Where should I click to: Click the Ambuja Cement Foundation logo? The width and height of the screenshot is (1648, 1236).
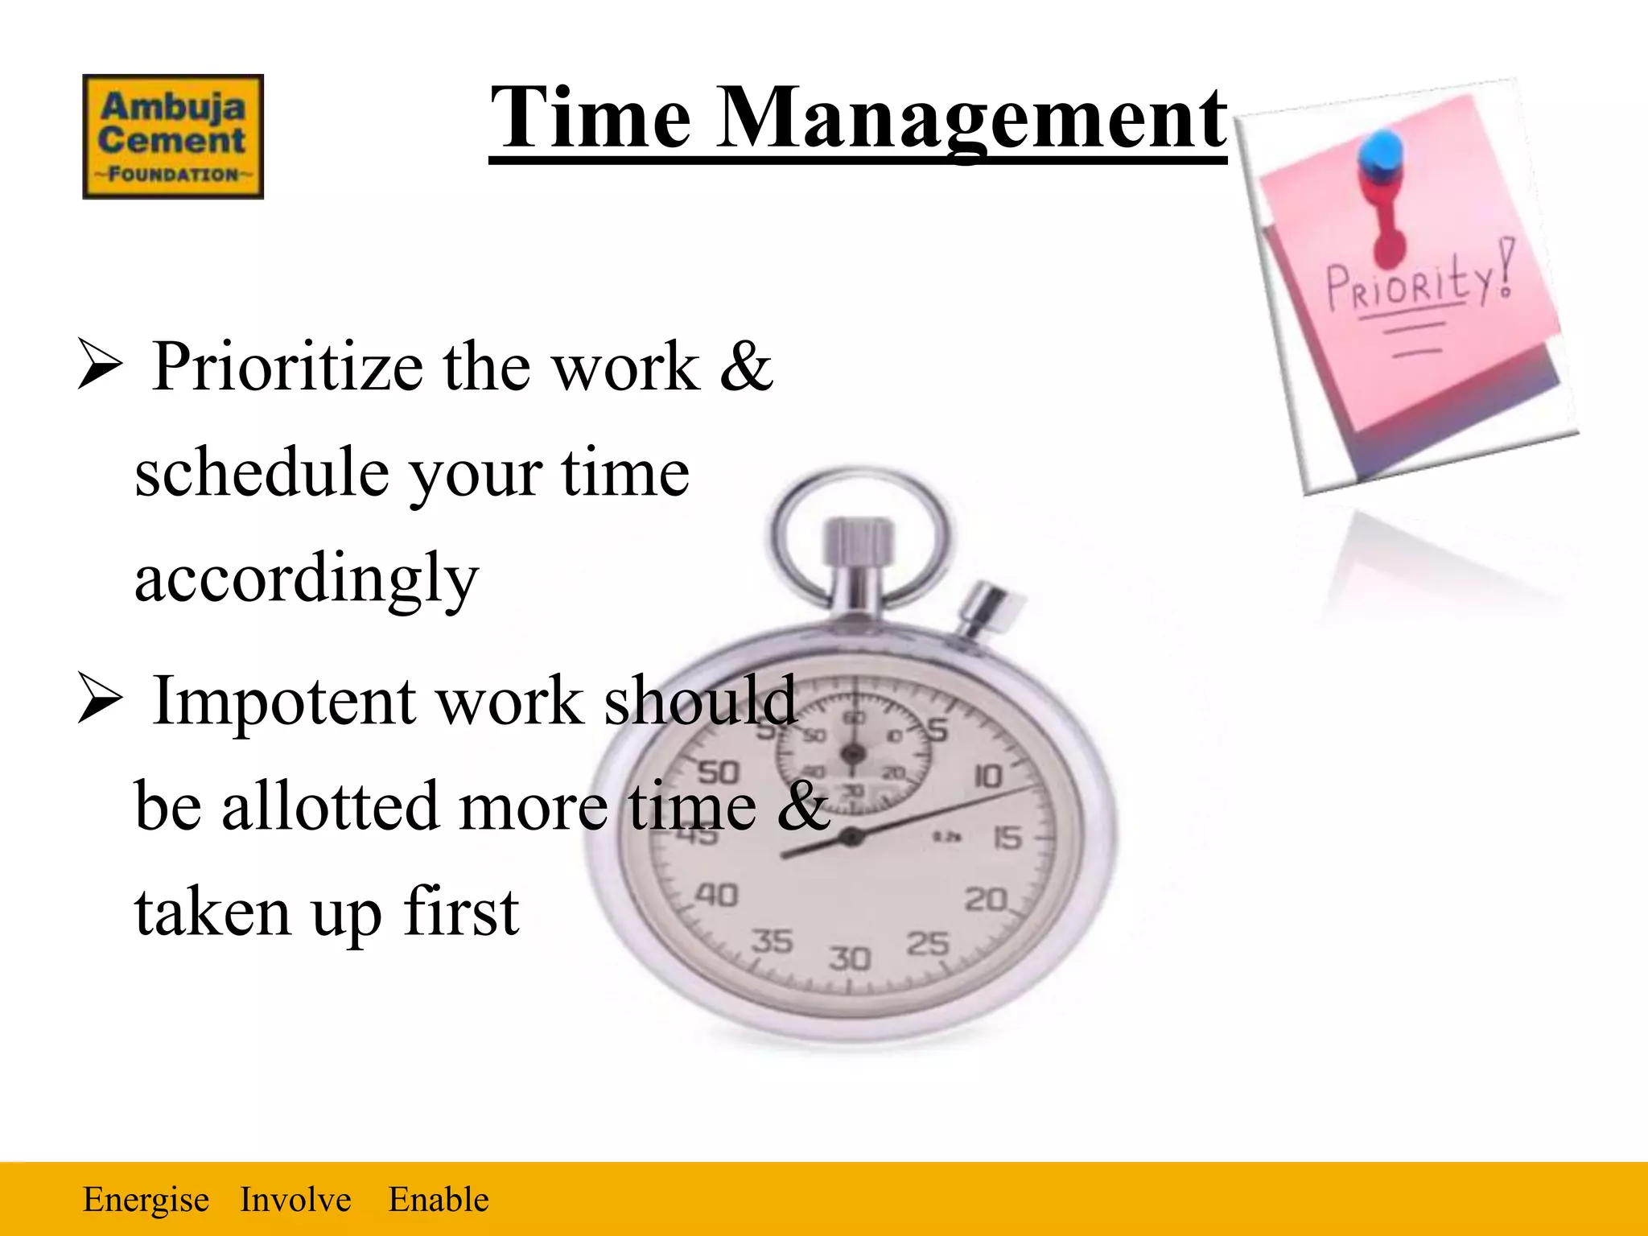click(x=173, y=137)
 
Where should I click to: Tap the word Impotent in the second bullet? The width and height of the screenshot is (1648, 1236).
click(x=285, y=701)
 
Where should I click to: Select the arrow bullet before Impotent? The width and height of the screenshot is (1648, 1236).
click(x=100, y=698)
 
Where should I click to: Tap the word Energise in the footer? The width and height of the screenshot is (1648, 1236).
click(x=146, y=1200)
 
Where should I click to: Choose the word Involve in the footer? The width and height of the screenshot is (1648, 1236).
click(x=295, y=1200)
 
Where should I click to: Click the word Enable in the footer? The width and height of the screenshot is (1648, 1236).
click(x=439, y=1200)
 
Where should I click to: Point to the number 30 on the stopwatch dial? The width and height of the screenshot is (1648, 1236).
click(x=850, y=958)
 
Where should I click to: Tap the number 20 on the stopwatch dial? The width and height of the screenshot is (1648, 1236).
click(x=987, y=898)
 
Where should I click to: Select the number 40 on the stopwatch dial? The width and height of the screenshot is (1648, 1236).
click(x=716, y=894)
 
